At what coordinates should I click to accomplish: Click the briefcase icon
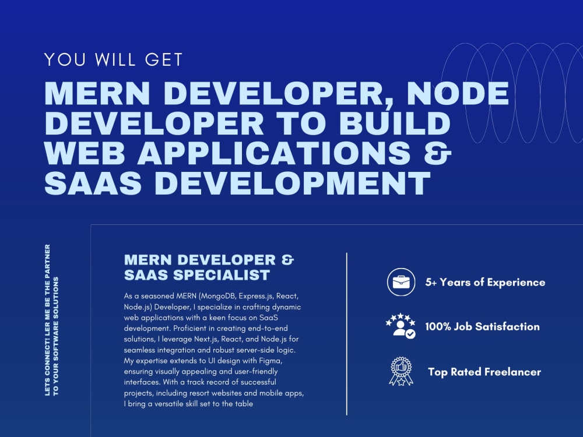(401, 283)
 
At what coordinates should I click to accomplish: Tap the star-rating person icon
(401, 327)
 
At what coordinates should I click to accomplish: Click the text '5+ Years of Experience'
(485, 283)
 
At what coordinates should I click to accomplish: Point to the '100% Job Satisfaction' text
(482, 327)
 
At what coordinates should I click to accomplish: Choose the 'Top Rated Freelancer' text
(484, 372)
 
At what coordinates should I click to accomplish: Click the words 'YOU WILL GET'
(114, 59)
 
